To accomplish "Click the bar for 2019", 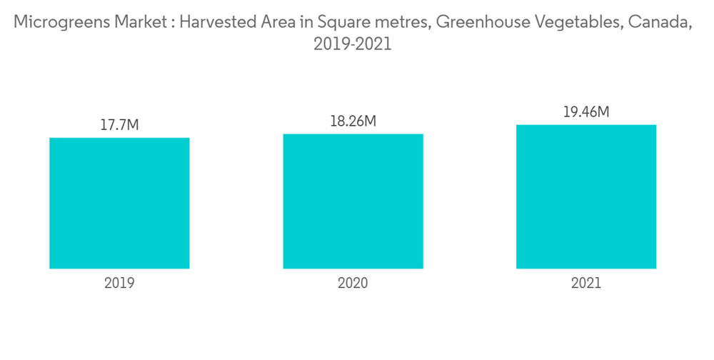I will [119, 203].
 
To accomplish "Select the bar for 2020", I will [353, 201].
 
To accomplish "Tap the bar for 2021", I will [586, 196].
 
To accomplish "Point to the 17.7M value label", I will [119, 126].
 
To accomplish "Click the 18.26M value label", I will [353, 121].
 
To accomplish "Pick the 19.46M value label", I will [586, 112].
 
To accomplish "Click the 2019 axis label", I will [119, 283].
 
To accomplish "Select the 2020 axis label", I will [353, 283].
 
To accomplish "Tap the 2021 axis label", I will [586, 283].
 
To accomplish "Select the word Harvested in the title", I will [214, 23].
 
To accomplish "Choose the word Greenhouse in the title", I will [481, 23].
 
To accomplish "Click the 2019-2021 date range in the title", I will [353, 44].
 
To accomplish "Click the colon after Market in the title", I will [169, 24].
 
